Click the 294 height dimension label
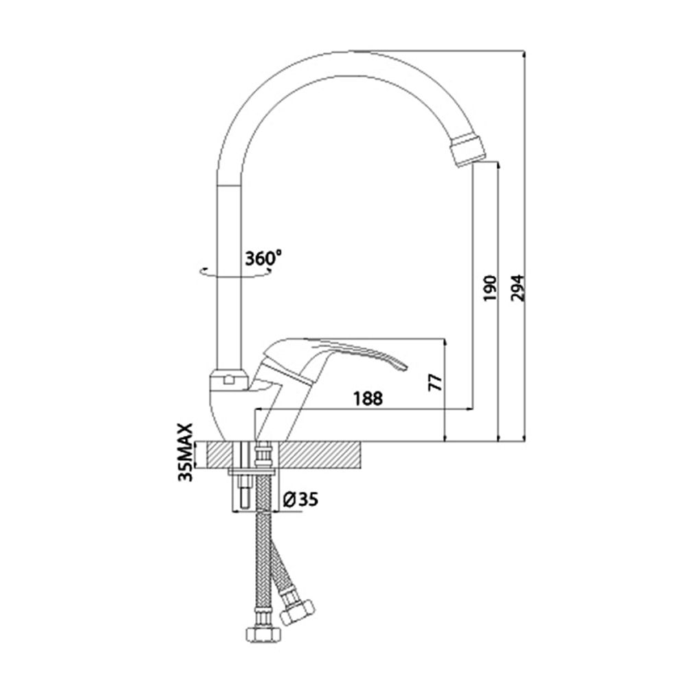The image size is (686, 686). click(517, 288)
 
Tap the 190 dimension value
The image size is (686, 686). click(490, 288)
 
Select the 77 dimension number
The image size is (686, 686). click(436, 382)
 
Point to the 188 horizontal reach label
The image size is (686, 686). click(368, 399)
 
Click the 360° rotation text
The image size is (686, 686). click(263, 258)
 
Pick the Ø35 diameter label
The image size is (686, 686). click(300, 499)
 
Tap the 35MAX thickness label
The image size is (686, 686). click(186, 452)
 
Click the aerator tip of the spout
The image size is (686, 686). click(468, 150)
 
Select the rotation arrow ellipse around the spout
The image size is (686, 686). click(235, 272)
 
